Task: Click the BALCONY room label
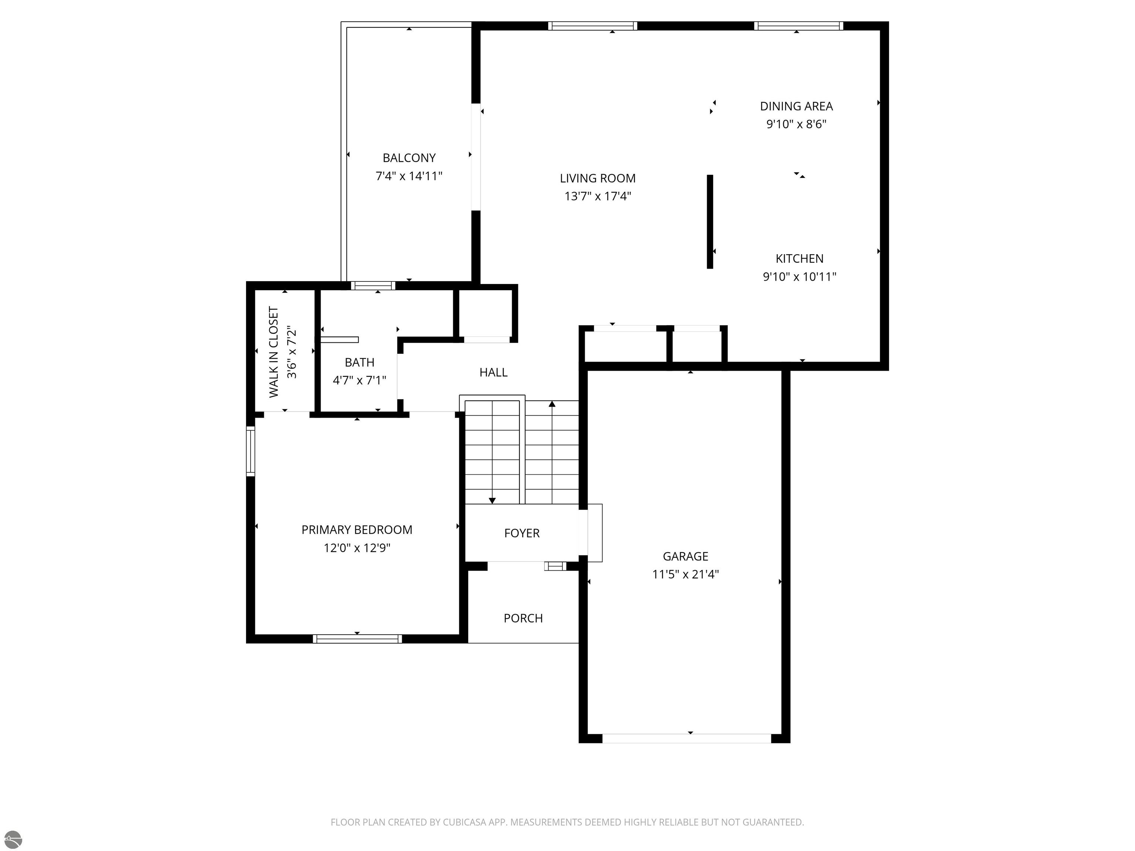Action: pyautogui.click(x=409, y=158)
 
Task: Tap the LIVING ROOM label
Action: pyautogui.click(x=598, y=178)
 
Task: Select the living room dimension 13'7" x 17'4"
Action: pyautogui.click(x=598, y=196)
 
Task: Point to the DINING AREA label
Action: pyautogui.click(x=796, y=106)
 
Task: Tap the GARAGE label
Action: pyautogui.click(x=685, y=556)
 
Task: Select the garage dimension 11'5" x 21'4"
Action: pyautogui.click(x=685, y=574)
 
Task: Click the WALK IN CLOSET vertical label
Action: pyautogui.click(x=273, y=352)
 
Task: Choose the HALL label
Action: pyautogui.click(x=494, y=372)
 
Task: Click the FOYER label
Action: pyautogui.click(x=522, y=533)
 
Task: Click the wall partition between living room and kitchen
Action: pyautogui.click(x=710, y=222)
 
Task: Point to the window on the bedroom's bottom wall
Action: pyautogui.click(x=357, y=639)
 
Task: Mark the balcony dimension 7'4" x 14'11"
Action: pyautogui.click(x=409, y=176)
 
